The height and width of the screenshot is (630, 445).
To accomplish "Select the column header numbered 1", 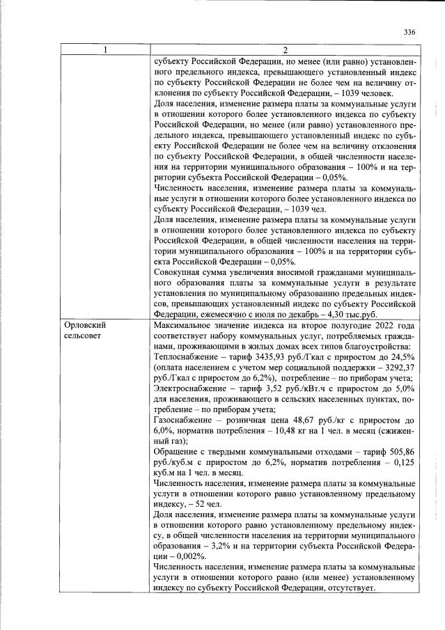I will tap(106, 50).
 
